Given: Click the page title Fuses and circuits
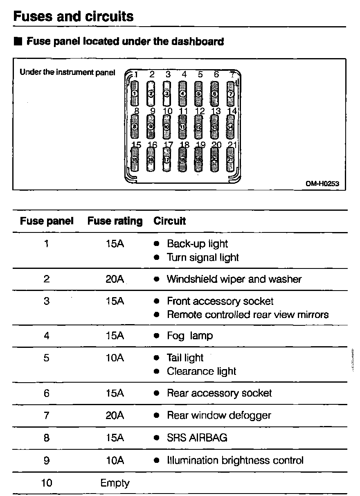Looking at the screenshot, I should coord(74,16).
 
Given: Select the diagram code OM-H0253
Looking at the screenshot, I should coord(322,184).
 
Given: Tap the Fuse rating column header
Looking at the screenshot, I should coord(115,221).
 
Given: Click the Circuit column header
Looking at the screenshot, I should coord(170,221).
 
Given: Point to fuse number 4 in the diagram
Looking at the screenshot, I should coord(183,93).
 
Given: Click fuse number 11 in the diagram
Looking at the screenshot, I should coord(183,127).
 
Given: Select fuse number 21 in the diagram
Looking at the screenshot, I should coord(231,160).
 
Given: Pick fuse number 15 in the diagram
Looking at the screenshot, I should coord(135,160).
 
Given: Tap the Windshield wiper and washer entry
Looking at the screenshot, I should coord(234,280).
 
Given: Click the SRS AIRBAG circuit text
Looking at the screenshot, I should coord(197,438).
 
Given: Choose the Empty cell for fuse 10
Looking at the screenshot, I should coord(115,483).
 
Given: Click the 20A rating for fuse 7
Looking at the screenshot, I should coord(115,416).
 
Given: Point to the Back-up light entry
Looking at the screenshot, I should coord(197,244).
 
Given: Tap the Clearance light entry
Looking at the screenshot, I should coord(201,372).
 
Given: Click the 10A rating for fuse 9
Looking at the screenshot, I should coord(115,460).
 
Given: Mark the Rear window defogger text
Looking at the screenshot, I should coord(219,416).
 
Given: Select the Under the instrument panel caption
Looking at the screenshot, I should coord(67,73).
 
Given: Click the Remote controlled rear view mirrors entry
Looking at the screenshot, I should coord(248,315).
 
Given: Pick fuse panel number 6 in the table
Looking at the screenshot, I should coord(47,394).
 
